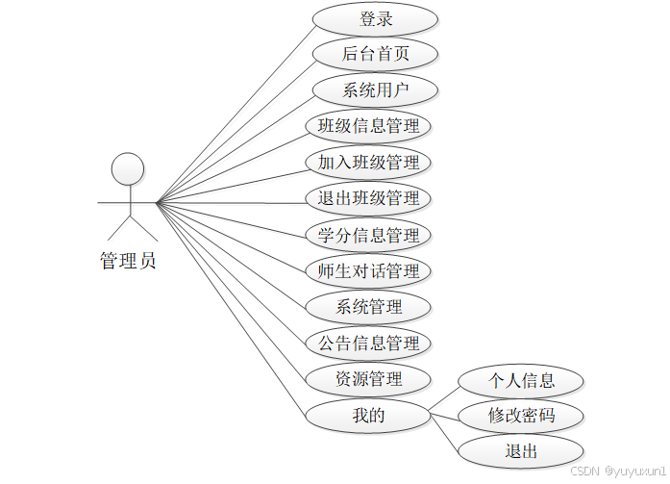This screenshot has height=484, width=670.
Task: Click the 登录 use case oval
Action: [x=376, y=18]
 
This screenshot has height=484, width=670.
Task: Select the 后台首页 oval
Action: [x=376, y=54]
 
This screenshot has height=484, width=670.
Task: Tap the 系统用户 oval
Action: [x=376, y=90]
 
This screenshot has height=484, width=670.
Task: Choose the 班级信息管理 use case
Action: [x=368, y=126]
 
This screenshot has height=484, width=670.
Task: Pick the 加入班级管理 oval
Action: [x=368, y=162]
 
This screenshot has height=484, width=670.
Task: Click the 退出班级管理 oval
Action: [x=368, y=198]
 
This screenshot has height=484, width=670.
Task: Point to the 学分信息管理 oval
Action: [x=368, y=235]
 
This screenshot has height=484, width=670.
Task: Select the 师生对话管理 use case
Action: [x=368, y=270]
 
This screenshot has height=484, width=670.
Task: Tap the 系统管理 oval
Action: [x=368, y=307]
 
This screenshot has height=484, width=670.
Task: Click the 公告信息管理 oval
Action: [x=368, y=343]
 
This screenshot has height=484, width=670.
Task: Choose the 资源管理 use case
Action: [x=368, y=378]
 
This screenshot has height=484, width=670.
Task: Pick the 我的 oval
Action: [x=368, y=415]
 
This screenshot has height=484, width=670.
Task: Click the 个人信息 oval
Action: [x=521, y=380]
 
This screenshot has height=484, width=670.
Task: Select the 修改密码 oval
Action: [x=521, y=416]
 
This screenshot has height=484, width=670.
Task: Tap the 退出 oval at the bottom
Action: [x=521, y=451]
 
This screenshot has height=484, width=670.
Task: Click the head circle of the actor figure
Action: [x=128, y=169]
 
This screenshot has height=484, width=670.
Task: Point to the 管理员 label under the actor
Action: [x=128, y=260]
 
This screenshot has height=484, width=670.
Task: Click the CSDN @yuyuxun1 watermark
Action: [x=618, y=471]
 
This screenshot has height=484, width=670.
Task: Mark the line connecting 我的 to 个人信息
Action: [x=444, y=398]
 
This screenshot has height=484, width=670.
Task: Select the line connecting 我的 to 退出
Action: [x=444, y=432]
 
